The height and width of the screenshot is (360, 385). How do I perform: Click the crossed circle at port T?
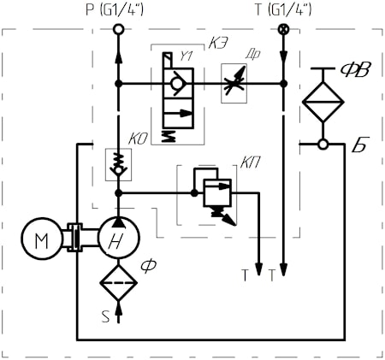[283, 29]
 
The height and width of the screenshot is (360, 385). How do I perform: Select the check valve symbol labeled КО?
[118, 164]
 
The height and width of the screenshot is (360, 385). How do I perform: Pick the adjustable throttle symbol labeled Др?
[234, 83]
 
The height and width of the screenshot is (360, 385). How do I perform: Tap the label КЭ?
[218, 44]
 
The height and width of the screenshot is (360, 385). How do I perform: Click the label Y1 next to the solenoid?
[186, 56]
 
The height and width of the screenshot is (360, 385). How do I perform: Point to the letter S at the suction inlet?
[105, 316]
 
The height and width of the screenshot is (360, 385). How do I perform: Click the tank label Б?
[360, 145]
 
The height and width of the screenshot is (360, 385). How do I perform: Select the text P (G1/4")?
[115, 10]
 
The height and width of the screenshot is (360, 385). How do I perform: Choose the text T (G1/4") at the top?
[283, 10]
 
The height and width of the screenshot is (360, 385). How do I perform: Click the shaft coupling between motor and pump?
[74, 238]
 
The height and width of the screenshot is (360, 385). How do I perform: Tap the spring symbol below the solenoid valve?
[169, 136]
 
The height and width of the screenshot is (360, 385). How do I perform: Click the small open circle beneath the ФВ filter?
[323, 144]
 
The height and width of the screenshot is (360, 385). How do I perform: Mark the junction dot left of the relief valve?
[194, 193]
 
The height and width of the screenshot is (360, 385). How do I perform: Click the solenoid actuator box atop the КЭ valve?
[168, 60]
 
